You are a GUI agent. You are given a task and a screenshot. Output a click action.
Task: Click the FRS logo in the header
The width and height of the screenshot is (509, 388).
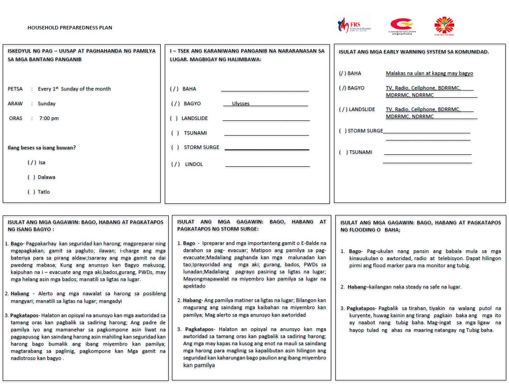pos(354,25)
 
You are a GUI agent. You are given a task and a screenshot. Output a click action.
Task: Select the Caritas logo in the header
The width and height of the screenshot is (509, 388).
pos(444,26)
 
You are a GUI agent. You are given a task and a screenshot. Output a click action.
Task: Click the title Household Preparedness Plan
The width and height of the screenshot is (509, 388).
pos(70,28)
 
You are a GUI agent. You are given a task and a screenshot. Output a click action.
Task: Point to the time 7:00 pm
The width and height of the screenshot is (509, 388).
pos(49,118)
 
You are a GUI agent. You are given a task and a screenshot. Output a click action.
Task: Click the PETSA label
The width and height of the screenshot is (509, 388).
pos(15,89)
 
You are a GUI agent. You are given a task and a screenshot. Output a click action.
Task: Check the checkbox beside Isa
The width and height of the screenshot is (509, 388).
pos(32,162)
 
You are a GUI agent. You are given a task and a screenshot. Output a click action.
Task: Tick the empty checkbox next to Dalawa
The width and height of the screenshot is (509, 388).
pos(31,177)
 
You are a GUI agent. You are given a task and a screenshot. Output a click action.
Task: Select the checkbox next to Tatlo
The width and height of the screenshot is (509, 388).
pos(31,192)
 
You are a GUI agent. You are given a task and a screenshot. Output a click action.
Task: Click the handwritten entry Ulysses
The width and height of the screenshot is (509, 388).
pos(241,103)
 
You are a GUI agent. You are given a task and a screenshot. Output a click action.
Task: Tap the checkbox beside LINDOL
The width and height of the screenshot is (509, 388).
pos(175,164)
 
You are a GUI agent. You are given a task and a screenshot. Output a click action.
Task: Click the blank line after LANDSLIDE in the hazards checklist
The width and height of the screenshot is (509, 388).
pos(266,119)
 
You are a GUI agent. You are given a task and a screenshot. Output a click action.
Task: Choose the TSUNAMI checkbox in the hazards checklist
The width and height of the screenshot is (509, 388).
pos(175,133)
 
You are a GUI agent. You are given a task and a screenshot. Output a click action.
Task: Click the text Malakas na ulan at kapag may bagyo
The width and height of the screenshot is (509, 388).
pos(429,73)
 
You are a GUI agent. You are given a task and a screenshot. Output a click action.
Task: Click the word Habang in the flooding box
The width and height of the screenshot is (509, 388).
pos(356,287)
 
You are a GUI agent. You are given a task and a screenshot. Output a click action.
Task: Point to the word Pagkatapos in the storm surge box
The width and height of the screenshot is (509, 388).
pos(199,329)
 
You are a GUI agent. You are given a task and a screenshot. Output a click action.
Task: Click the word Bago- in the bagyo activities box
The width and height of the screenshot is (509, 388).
pos(17,244)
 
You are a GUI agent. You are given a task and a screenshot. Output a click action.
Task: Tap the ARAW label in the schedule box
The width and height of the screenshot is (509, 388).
pos(15,103)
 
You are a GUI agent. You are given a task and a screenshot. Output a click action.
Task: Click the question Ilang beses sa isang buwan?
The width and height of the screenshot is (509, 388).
pos(42,148)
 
